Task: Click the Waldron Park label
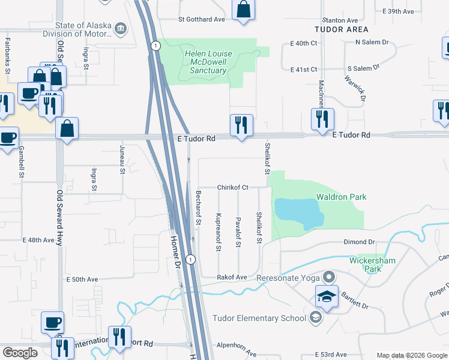[341, 197]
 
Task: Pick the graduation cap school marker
[326, 296]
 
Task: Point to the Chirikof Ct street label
[232, 188]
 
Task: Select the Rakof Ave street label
[232, 277]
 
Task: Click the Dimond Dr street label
[360, 242]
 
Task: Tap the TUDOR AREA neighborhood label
[341, 29]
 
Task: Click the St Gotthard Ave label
[201, 19]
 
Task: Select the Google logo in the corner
[20, 353]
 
